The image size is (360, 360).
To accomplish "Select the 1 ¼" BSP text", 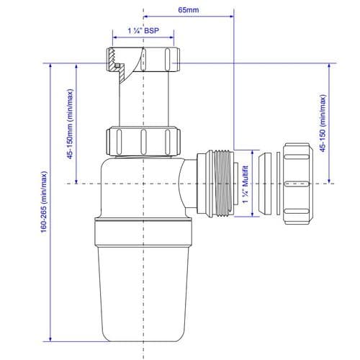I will [x=144, y=32].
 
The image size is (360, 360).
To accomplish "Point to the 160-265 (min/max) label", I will [x=45, y=202].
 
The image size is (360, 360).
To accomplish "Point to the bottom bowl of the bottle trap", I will [x=144, y=288].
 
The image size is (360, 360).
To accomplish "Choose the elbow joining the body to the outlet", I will [x=189, y=184].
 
